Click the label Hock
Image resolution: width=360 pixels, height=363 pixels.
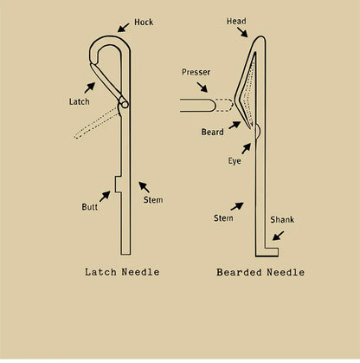pyautogui.click(x=144, y=23)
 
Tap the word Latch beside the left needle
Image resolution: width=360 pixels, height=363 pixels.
pyautogui.click(x=80, y=101)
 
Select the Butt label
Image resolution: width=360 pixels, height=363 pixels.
pyautogui.click(x=89, y=207)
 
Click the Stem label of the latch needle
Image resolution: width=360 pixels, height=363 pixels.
pyautogui.click(x=153, y=200)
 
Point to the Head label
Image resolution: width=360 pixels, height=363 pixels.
pyautogui.click(x=236, y=21)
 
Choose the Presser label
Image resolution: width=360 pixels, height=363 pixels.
pyautogui.click(x=196, y=72)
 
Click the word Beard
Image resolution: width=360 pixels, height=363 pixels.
pyautogui.click(x=213, y=132)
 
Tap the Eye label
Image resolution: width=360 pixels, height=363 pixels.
pyautogui.click(x=235, y=161)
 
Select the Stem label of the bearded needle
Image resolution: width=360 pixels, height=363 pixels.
pyautogui.click(x=223, y=217)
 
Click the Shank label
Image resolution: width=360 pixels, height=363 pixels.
pyautogui.click(x=282, y=220)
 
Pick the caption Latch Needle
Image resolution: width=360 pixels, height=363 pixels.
pyautogui.click(x=122, y=272)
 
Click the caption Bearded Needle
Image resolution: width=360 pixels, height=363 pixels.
pyautogui.click(x=260, y=272)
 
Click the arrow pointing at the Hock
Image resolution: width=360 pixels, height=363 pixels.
pyautogui.click(x=123, y=28)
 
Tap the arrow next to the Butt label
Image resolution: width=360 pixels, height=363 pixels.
pyautogui.click(x=105, y=196)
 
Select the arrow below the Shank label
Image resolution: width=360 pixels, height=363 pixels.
pyautogui.click(x=278, y=236)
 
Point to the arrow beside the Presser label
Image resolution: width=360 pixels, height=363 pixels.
pyautogui.click(x=202, y=88)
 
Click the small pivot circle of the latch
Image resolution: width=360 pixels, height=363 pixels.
pyautogui.click(x=125, y=104)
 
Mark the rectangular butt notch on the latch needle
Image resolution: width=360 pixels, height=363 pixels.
pyautogui.click(x=119, y=185)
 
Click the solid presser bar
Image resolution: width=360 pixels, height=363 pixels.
pyautogui.click(x=197, y=105)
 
